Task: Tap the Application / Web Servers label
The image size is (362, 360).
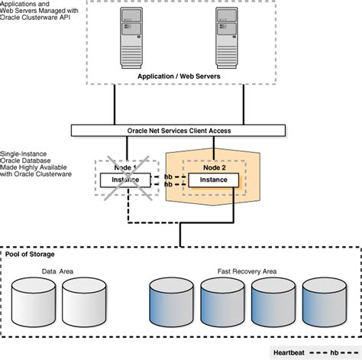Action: coord(180,76)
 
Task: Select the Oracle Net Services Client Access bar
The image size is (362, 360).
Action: coord(180,131)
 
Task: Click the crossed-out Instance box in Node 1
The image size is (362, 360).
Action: coord(126,180)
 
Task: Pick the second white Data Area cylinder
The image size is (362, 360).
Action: coord(82,299)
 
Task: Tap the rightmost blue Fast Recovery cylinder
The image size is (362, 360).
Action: coord(325,299)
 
